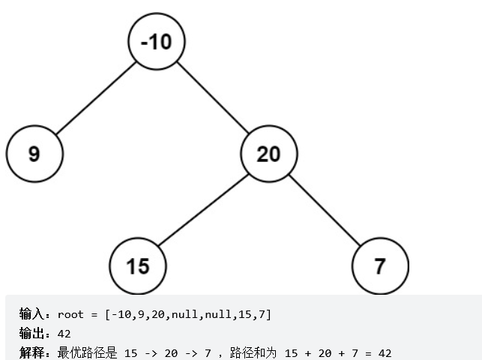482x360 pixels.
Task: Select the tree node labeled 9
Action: coord(34,154)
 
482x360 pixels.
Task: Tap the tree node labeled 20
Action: coord(268,154)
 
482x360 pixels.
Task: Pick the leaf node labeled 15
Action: coord(138,266)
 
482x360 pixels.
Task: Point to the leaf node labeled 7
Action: coord(380,266)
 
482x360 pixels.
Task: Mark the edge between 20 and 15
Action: coord(203,210)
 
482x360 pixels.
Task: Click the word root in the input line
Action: coord(70,314)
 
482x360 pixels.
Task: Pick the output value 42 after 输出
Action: coord(64,333)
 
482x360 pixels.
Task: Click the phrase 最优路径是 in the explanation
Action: coord(86,352)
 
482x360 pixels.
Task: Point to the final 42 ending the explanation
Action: coord(385,352)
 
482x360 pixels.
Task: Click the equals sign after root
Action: coord(94,314)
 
